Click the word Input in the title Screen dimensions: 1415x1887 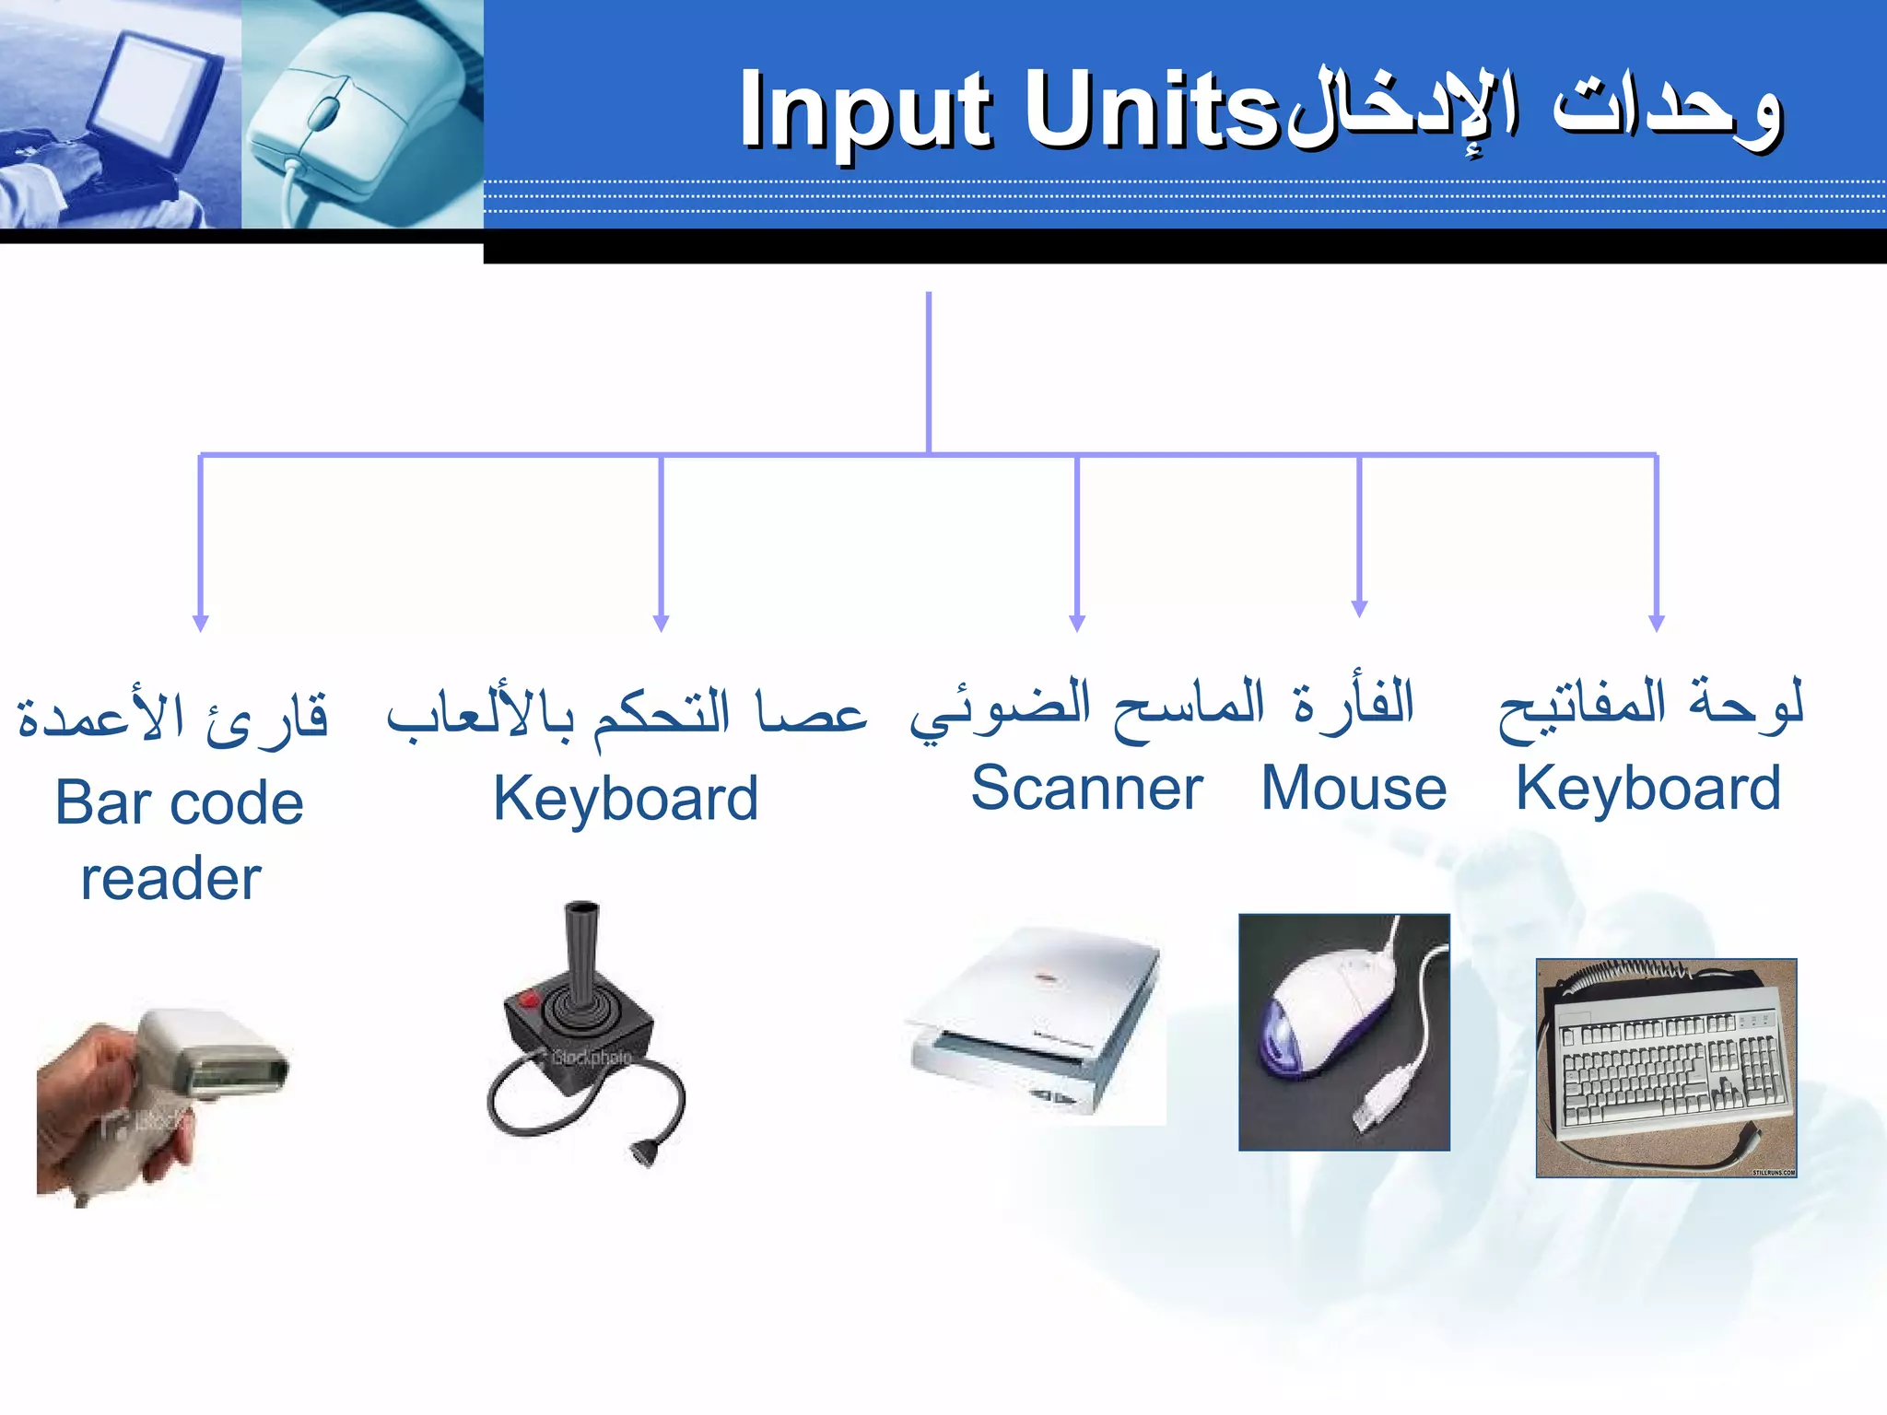tap(866, 111)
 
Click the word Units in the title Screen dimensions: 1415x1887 tap(1152, 111)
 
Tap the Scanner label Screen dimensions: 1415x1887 tap(1086, 789)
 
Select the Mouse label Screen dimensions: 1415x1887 tap(1354, 789)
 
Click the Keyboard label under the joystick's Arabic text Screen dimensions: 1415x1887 tap(626, 799)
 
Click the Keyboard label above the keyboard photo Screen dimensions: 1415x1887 tap(1647, 789)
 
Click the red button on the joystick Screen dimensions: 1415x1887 tap(529, 999)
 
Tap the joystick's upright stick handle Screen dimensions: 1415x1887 tap(581, 949)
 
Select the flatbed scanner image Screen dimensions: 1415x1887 tap(1037, 1023)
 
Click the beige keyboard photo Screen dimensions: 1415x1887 tap(1666, 1069)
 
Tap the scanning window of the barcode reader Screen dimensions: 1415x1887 tap(235, 1074)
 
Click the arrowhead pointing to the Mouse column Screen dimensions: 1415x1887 tap(1359, 608)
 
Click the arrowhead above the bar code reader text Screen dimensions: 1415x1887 tap(201, 623)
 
